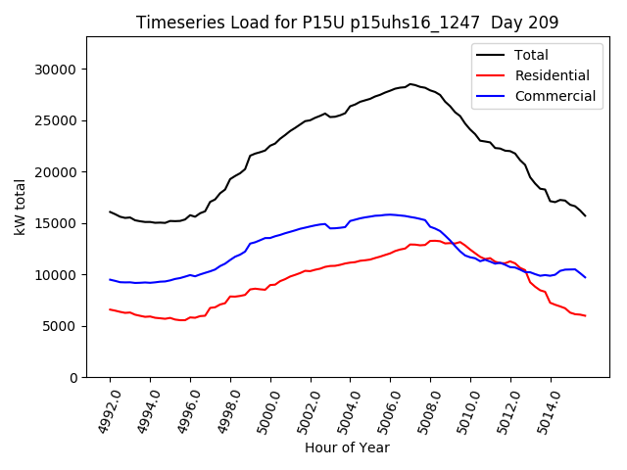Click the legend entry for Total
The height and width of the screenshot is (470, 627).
531,55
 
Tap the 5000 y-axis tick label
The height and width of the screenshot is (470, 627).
61,326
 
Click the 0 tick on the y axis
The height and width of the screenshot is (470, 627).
73,377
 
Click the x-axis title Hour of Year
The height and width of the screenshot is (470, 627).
347,447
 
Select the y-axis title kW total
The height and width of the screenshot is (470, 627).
20,207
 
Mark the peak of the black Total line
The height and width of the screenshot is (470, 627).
410,84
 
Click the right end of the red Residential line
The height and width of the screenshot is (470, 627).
585,315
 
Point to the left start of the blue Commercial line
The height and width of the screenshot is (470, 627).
110,279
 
